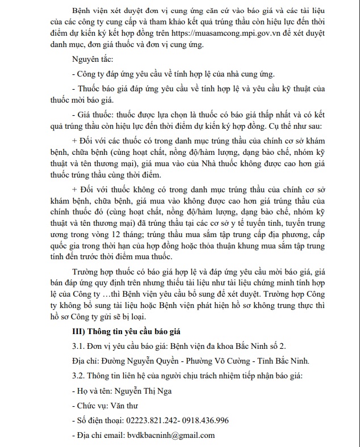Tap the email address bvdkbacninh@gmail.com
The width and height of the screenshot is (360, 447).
point(171,435)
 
